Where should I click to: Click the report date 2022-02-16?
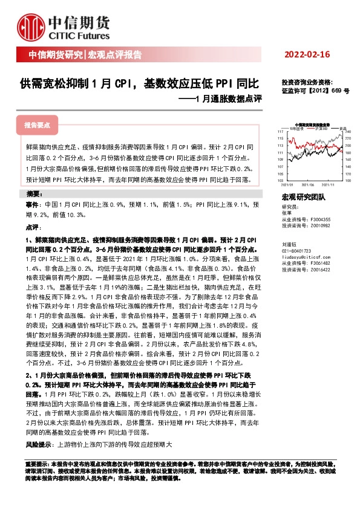[x=307, y=55]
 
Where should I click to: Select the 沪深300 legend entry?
[x=320, y=128]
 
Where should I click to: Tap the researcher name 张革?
[x=286, y=213]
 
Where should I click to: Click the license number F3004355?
[x=318, y=219]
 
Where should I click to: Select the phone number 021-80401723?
[x=296, y=250]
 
